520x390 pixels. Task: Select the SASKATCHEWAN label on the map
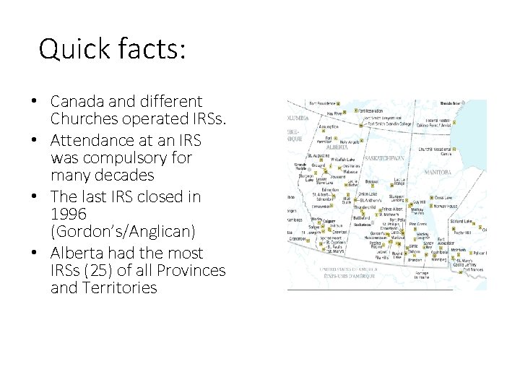385,157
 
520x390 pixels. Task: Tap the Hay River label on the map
334,113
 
